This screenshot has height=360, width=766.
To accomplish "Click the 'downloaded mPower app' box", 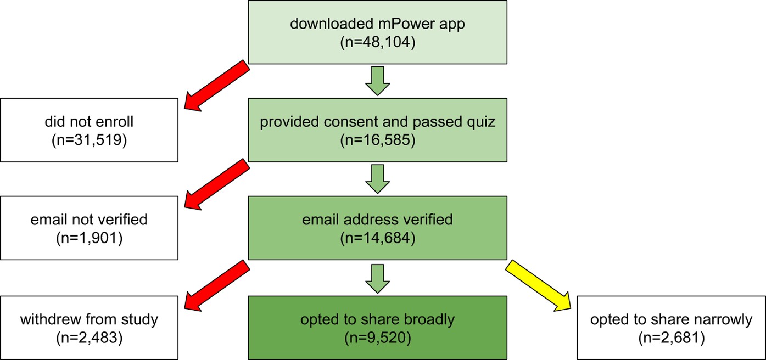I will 377,32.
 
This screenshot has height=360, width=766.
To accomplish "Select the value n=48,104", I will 377,42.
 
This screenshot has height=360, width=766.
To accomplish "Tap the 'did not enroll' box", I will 89,130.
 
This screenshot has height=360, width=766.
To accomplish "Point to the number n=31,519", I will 89,139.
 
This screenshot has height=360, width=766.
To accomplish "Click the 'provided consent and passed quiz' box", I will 377,130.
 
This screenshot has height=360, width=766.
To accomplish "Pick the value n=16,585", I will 377,140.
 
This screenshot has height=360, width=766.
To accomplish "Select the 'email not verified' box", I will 89,228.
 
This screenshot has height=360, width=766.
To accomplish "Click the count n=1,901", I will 89,238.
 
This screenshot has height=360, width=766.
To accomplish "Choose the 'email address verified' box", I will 377,228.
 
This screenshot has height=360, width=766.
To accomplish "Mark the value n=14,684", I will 377,238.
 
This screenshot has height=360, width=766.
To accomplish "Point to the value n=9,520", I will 377,337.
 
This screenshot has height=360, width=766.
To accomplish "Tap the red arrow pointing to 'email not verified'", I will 216,183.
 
